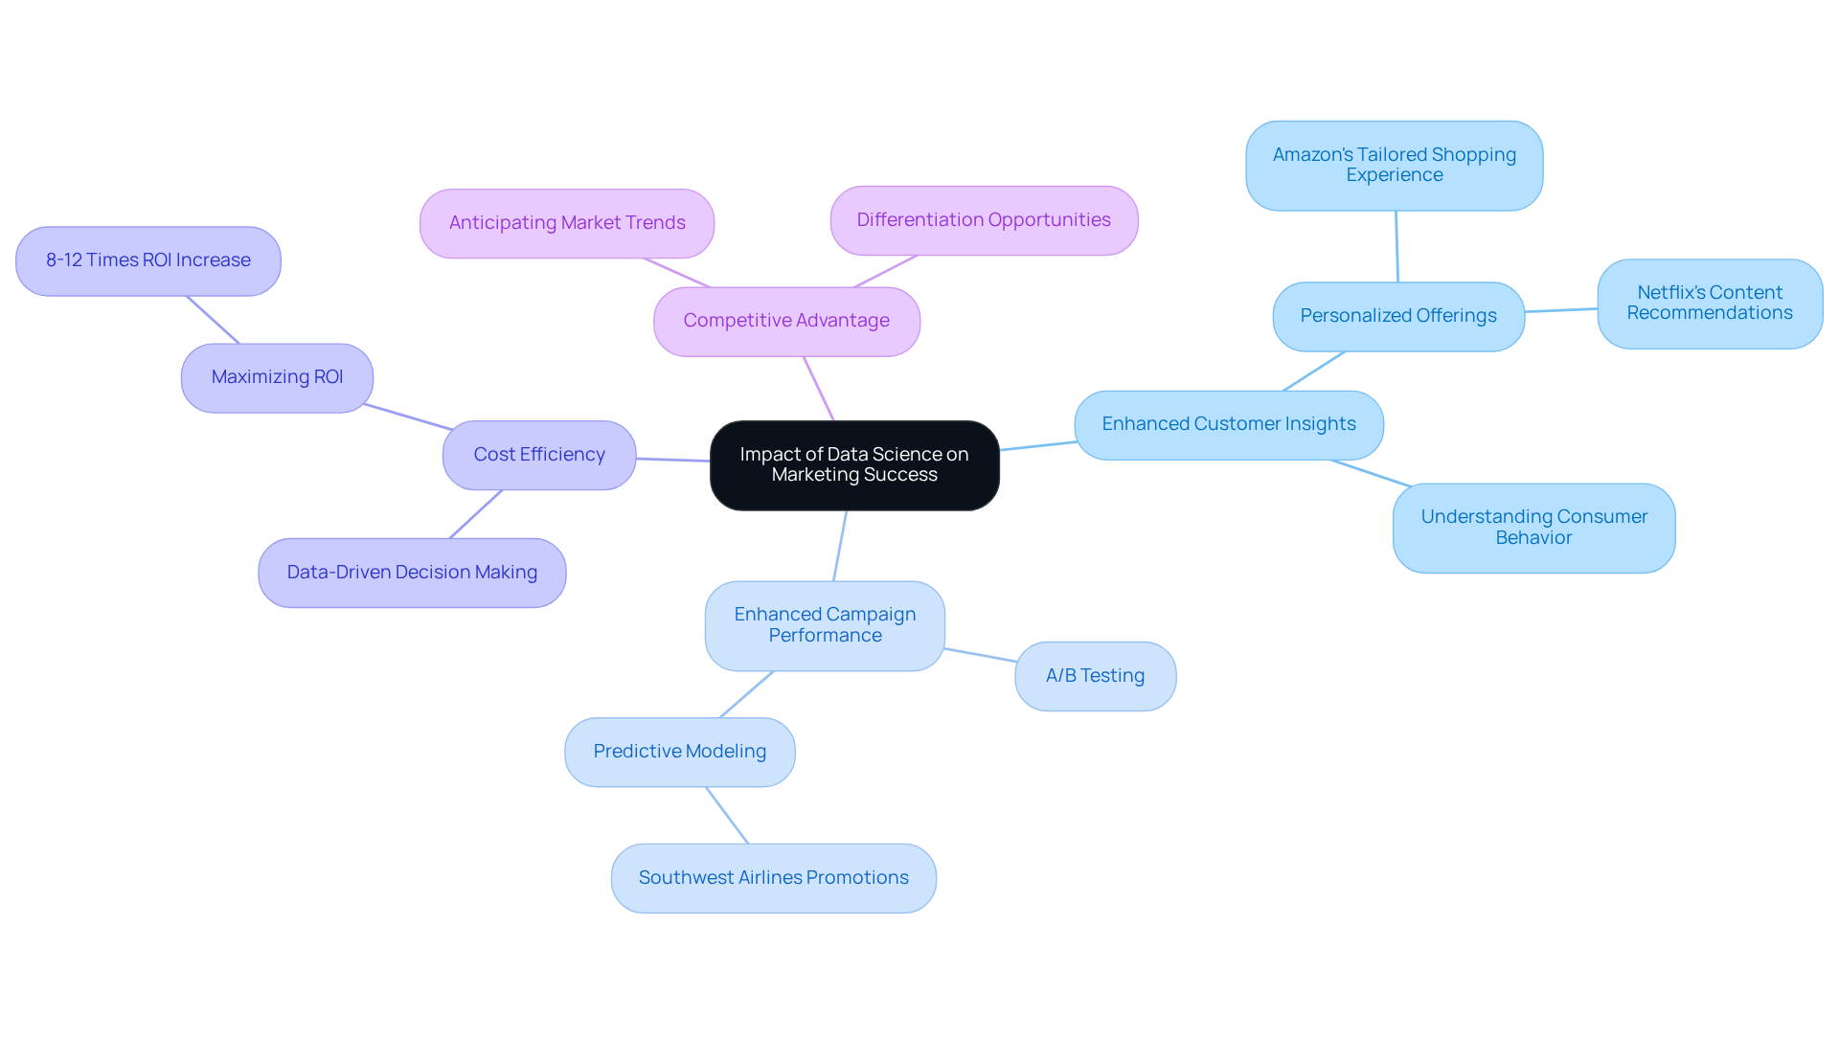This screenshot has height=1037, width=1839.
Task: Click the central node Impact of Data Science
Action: [x=854, y=465]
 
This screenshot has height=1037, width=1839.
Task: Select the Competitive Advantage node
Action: [x=786, y=322]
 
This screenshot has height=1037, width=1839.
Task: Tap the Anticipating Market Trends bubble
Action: [x=567, y=223]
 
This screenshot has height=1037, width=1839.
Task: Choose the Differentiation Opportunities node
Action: [x=984, y=220]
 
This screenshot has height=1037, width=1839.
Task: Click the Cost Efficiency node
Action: [x=539, y=455]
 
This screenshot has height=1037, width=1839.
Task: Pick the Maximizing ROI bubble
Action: [x=277, y=377]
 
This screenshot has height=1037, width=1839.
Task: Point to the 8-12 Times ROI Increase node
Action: [x=148, y=260]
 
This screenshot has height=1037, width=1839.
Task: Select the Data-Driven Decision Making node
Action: [x=412, y=573]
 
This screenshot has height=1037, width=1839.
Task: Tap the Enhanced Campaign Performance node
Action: [x=825, y=625]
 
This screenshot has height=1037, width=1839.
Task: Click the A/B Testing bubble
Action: [x=1095, y=676]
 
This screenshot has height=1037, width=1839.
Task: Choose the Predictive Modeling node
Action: [x=679, y=752]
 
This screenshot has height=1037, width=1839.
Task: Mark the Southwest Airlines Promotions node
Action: [x=773, y=878]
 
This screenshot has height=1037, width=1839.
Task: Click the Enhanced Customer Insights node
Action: [x=1228, y=424]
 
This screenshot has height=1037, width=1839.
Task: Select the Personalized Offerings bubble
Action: [x=1397, y=316]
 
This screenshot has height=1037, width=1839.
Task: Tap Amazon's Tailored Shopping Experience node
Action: [x=1394, y=165]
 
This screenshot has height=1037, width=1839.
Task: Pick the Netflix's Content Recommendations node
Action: [x=1709, y=304]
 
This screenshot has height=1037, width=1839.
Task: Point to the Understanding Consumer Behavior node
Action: [x=1533, y=528]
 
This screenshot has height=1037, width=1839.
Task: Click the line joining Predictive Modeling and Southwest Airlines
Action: [x=727, y=815]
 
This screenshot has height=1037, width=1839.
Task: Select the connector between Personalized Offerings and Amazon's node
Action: [x=1396, y=246]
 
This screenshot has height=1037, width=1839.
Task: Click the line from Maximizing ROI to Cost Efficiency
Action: [x=407, y=417]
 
